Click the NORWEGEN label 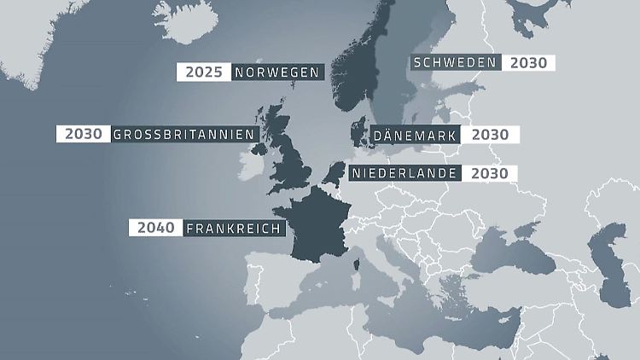(276, 72)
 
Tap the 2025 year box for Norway (203, 72)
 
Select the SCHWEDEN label (454, 62)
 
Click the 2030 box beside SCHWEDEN (529, 62)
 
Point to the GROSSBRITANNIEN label (183, 134)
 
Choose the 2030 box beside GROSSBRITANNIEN (83, 134)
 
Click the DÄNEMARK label (415, 135)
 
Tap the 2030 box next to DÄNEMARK (490, 135)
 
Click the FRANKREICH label (234, 228)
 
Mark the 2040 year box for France (154, 228)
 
